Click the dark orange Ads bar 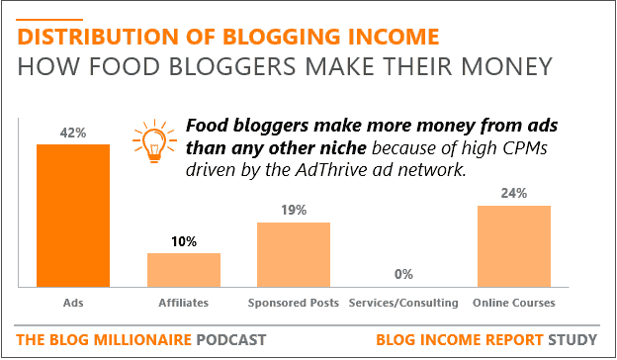tap(73, 216)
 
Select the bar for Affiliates tap(184, 270)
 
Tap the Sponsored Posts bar tap(294, 254)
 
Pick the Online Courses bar tap(514, 246)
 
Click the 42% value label tap(73, 133)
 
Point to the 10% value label tap(184, 241)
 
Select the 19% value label tap(294, 210)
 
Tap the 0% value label tap(403, 274)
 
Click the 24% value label tap(514, 193)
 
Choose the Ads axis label tap(73, 303)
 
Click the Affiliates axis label tap(184, 303)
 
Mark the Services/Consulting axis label tap(403, 303)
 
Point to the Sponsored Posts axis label tap(294, 303)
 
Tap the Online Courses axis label tap(514, 303)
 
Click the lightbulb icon tap(154, 140)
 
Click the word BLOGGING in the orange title tap(282, 37)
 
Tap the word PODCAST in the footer tap(231, 339)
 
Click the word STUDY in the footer tap(573, 339)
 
